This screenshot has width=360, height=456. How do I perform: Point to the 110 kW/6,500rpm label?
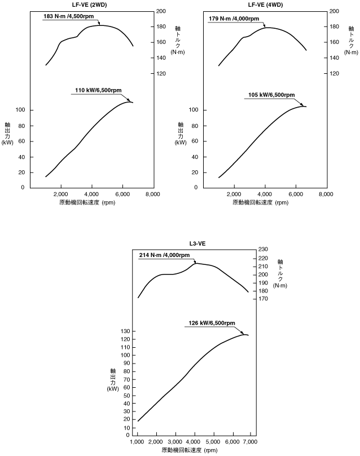pyautogui.click(x=98, y=90)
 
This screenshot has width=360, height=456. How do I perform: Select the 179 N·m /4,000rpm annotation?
pyautogui.click(x=234, y=19)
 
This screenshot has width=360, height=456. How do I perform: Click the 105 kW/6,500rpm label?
pyautogui.click(x=271, y=95)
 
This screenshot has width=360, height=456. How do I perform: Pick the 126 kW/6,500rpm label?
pyautogui.click(x=210, y=323)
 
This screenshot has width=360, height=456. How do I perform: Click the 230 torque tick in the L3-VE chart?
pyautogui.click(x=262, y=249)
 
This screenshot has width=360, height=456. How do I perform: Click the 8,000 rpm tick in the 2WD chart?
pyautogui.click(x=153, y=194)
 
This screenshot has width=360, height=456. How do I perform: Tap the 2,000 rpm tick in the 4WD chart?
pyautogui.click(x=234, y=194)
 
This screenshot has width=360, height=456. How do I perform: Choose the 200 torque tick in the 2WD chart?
pyautogui.click(x=161, y=11)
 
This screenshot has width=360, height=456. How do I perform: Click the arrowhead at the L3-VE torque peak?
pyautogui.click(x=195, y=262)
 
